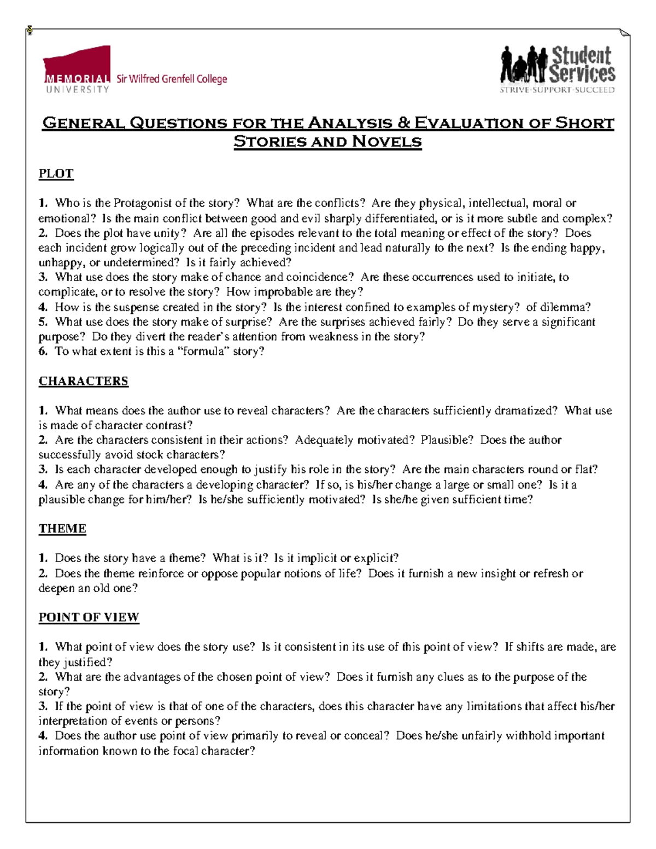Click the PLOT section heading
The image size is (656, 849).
pyautogui.click(x=56, y=174)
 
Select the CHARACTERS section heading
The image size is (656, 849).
pyautogui.click(x=83, y=381)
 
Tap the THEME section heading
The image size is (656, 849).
pyautogui.click(x=62, y=529)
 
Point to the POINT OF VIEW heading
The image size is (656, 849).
pyautogui.click(x=89, y=617)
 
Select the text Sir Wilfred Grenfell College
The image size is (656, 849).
pyautogui.click(x=171, y=79)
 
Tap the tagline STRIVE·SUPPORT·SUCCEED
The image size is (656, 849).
pyautogui.click(x=557, y=90)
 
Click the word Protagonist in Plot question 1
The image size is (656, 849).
pyautogui.click(x=143, y=203)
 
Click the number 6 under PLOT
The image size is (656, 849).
pyautogui.click(x=43, y=352)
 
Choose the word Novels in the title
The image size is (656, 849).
pyautogui.click(x=386, y=142)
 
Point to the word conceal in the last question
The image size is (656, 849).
pyautogui.click(x=366, y=736)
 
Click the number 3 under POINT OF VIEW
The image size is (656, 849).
pyautogui.click(x=43, y=706)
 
